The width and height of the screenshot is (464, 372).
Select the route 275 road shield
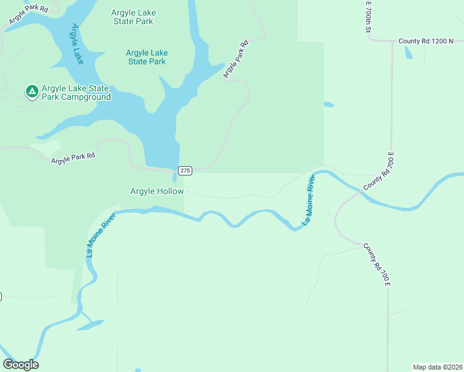click(185, 170)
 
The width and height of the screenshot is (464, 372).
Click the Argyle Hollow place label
click(157, 192)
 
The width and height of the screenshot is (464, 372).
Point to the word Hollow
click(171, 192)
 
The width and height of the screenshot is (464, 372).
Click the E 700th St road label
click(368, 17)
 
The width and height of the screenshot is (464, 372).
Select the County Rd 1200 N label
click(427, 41)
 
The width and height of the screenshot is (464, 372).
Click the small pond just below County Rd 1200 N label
click(408, 53)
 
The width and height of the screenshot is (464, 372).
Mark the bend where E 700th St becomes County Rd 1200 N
click(371, 40)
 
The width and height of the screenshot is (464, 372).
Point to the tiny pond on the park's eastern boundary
click(328, 105)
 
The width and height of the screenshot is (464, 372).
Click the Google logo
click(20, 365)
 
